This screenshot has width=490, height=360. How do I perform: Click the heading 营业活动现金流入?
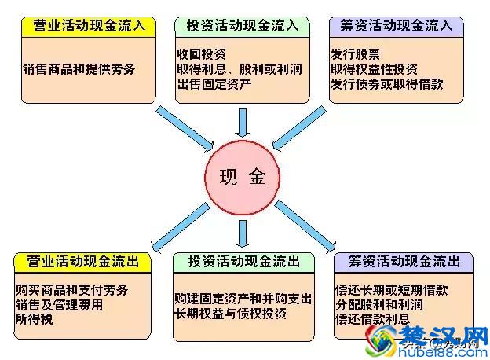90,25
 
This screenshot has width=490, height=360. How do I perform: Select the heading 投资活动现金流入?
243,25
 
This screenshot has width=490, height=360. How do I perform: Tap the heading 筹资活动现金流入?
396,25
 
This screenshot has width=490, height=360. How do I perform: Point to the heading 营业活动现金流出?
84,262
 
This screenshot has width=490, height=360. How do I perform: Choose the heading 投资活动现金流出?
243,262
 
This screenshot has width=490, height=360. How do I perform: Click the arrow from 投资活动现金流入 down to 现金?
243,123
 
